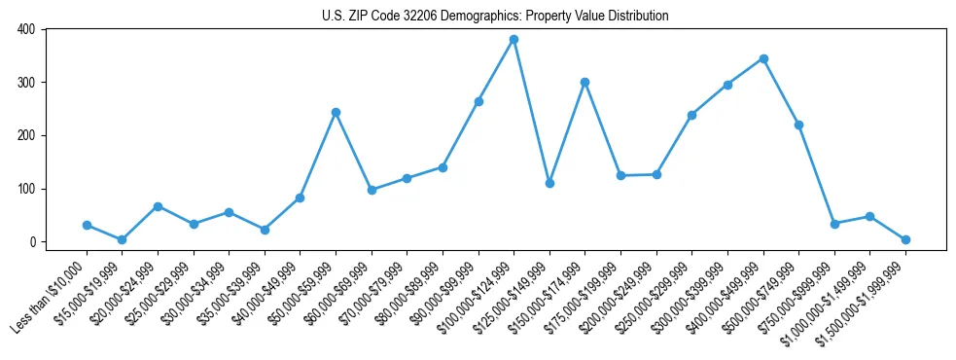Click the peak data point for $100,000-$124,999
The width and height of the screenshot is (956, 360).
click(x=513, y=40)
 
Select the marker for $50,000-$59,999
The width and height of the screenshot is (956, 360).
click(x=336, y=112)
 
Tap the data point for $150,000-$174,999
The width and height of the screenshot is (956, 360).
click(x=584, y=82)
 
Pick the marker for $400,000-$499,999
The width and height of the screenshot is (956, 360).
click(x=763, y=58)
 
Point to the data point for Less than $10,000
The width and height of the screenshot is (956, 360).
click(x=87, y=225)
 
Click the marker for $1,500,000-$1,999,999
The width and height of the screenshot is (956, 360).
click(x=905, y=239)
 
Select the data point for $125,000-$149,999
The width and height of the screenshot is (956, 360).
click(x=549, y=183)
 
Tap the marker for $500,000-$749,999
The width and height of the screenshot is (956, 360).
click(x=798, y=125)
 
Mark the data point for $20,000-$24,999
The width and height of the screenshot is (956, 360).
click(x=158, y=206)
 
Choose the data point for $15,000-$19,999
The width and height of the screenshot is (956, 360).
click(x=122, y=239)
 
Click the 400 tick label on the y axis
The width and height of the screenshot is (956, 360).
click(x=25, y=29)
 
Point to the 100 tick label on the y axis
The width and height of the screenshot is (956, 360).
click(x=25, y=189)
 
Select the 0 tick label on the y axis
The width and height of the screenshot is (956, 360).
click(x=31, y=242)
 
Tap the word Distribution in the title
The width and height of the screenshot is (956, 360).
click(x=635, y=16)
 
